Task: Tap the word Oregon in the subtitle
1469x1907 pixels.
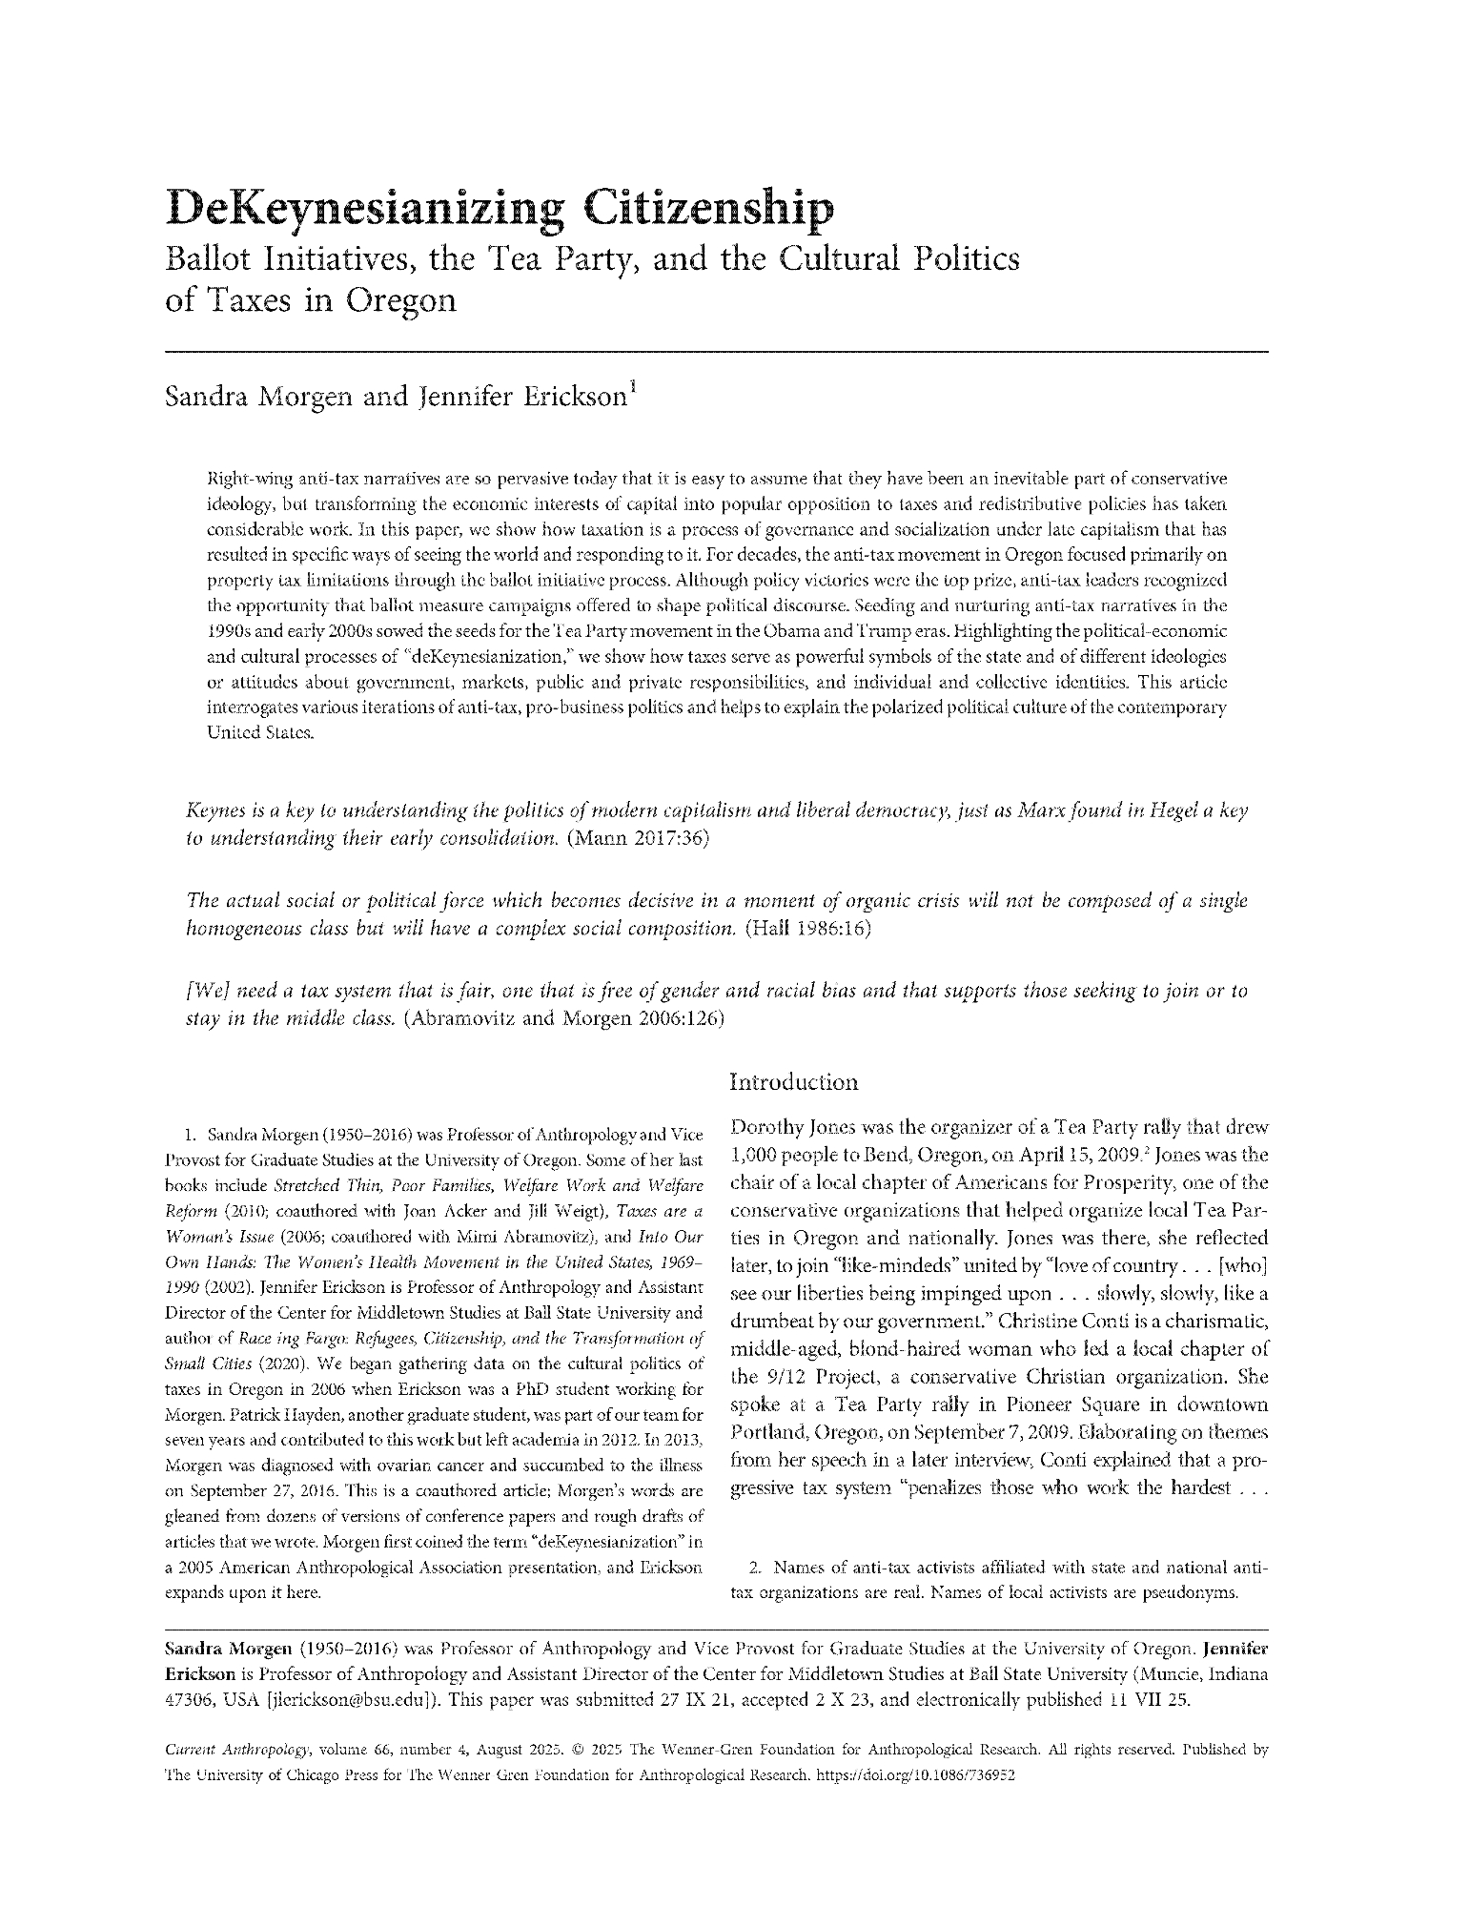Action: (400, 300)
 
